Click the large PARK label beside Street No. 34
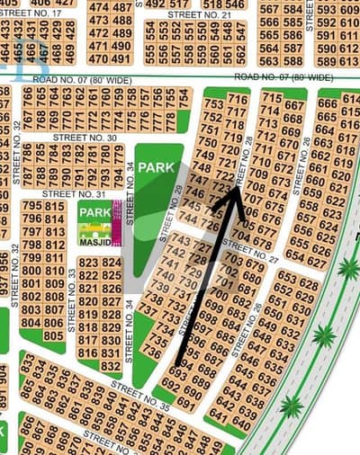coord(155,167)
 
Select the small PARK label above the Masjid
coord(94,212)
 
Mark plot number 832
coord(110,367)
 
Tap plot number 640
coord(241,423)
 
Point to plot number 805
coord(53,335)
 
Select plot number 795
coord(31,206)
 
